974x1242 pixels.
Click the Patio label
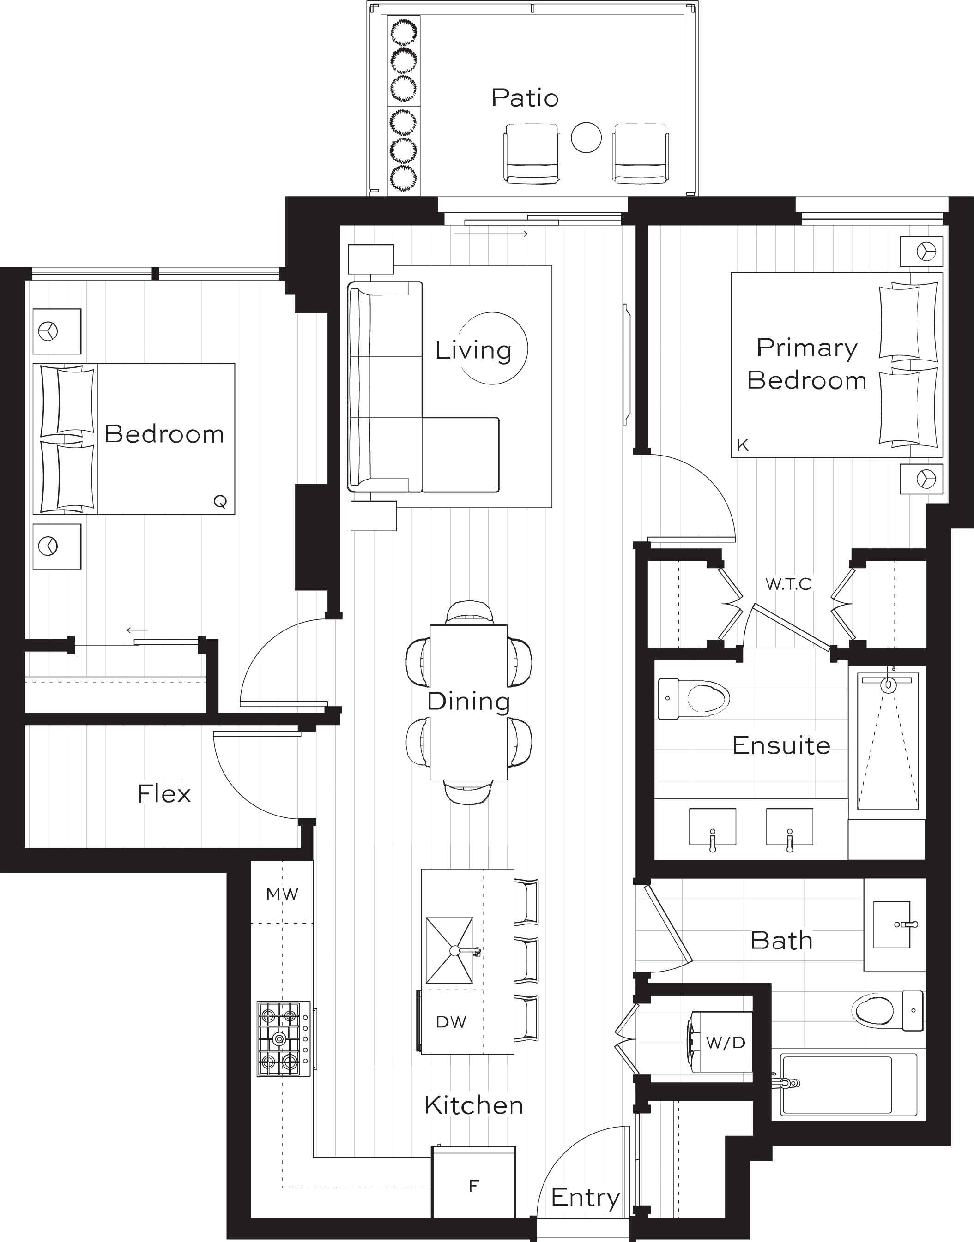[525, 98]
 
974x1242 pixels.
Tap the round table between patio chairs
[586, 138]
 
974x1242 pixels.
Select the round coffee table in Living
[494, 348]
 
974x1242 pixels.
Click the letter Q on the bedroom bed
[220, 502]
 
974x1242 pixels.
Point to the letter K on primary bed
[743, 446]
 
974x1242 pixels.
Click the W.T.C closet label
[788, 584]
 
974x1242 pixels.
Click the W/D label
[726, 1043]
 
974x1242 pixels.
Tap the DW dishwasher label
[451, 1022]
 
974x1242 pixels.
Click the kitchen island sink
[449, 951]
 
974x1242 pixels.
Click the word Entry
[585, 1199]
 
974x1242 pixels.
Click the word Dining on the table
[468, 701]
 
